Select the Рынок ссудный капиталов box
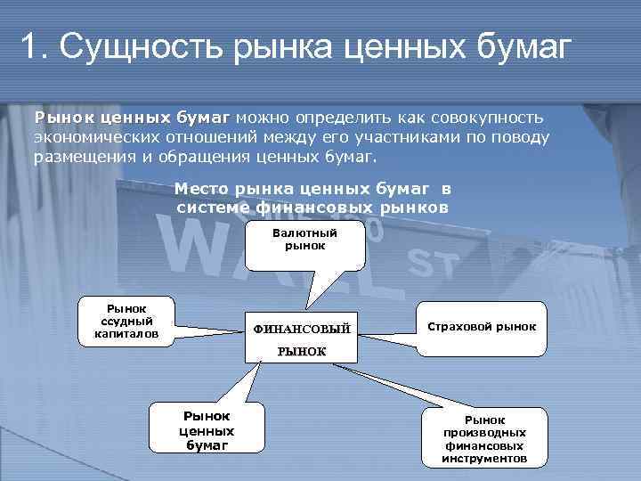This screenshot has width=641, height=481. coord(126,321)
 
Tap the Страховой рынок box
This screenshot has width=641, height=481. coord(482,327)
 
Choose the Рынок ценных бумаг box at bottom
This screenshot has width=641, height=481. coord(207,430)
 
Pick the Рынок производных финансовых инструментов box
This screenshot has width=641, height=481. coord(483,438)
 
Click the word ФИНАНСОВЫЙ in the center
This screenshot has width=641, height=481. coord(303,329)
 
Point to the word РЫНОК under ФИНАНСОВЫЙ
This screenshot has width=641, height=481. coord(303,352)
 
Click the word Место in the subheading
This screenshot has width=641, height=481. coord(203,190)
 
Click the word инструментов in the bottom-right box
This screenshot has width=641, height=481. coord(483,459)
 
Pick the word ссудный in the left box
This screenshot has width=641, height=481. coord(126,321)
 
